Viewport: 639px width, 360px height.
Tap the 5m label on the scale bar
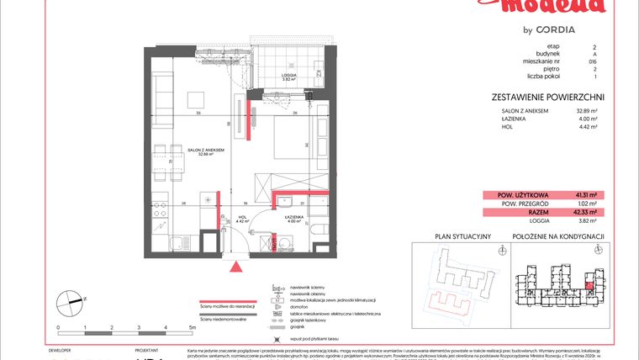(x=192, y=326)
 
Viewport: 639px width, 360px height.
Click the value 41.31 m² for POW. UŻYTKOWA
(x=580, y=195)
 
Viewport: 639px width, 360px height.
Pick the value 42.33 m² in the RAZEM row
(x=580, y=212)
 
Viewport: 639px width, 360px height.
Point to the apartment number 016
(x=594, y=61)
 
